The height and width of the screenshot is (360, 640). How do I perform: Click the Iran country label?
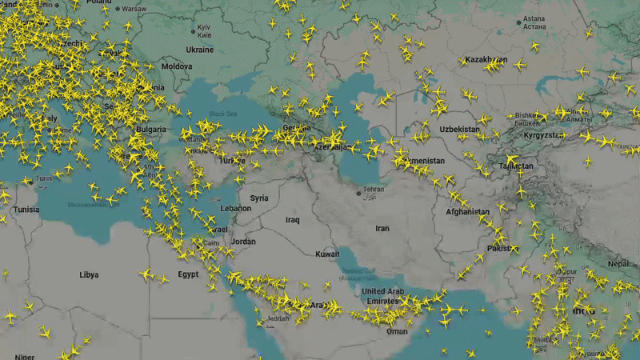[382, 229]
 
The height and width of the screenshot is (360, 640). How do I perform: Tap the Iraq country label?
[292, 219]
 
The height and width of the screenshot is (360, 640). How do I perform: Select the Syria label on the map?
[259, 198]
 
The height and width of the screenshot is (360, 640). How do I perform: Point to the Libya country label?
[89, 274]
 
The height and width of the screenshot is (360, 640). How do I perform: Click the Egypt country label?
[188, 274]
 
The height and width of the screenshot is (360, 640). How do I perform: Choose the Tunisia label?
[26, 210]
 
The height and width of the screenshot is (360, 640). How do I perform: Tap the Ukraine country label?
[199, 50]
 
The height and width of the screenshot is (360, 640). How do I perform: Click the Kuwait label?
[327, 254]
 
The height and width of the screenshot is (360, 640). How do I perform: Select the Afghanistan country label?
[468, 212]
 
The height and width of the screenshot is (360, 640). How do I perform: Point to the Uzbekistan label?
[459, 129]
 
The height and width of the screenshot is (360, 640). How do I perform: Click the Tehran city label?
[374, 190]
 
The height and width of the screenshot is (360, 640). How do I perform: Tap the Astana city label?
[534, 18]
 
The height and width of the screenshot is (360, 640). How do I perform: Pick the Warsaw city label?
[134, 9]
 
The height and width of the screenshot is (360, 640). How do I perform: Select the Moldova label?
[177, 66]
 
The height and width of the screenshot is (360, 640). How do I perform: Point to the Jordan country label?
[243, 242]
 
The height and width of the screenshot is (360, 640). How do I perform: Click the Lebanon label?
[236, 208]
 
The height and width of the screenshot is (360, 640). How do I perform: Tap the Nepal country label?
[618, 263]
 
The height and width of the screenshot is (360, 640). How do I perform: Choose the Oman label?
[396, 331]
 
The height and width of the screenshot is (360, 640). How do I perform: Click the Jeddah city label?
[278, 318]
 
